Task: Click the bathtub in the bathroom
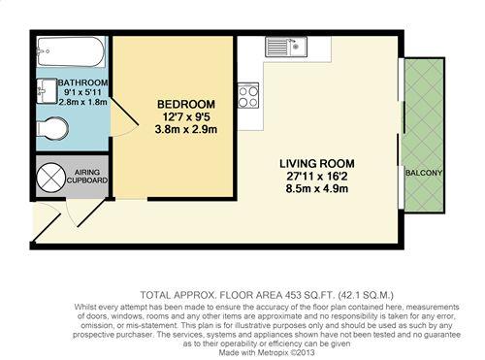[71, 51]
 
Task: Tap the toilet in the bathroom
[52, 128]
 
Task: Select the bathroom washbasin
[47, 91]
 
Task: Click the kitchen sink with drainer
[286, 47]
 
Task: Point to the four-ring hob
[248, 95]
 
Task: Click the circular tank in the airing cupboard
[51, 177]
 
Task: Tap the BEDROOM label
[186, 104]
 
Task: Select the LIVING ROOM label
[317, 163]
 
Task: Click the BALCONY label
[424, 173]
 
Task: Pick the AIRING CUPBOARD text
[87, 177]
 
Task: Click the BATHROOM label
[82, 82]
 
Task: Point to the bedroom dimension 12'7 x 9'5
[186, 116]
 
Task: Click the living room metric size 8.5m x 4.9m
[317, 188]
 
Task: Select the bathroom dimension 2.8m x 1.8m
[82, 102]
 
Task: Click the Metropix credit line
[267, 352]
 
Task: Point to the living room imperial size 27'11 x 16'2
[317, 177]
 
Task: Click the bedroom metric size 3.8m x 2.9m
[186, 129]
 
